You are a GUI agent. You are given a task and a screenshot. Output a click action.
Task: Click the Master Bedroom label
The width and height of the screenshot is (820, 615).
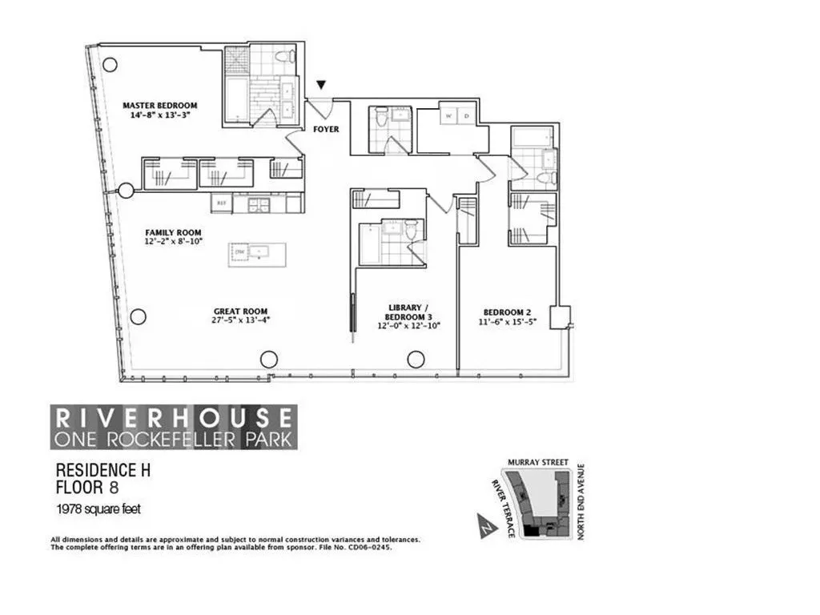pyautogui.click(x=159, y=106)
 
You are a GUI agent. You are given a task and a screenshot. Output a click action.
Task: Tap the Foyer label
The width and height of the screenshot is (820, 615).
pyautogui.click(x=326, y=129)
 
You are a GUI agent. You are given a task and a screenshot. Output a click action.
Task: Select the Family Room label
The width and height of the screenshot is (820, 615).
pyautogui.click(x=173, y=233)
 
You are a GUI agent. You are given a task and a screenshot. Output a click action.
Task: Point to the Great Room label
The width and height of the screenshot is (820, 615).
pyautogui.click(x=240, y=312)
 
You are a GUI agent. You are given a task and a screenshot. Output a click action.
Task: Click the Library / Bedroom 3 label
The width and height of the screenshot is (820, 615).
pyautogui.click(x=404, y=312)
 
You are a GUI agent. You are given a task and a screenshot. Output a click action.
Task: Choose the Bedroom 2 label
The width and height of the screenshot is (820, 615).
pyautogui.click(x=507, y=312)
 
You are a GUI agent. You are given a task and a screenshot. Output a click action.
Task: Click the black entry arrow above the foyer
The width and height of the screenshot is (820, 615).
pyautogui.click(x=322, y=85)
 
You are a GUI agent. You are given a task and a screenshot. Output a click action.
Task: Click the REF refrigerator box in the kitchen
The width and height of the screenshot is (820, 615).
pyautogui.click(x=221, y=204)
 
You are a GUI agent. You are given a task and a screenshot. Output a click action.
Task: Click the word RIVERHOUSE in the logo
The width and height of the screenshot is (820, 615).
pyautogui.click(x=174, y=417)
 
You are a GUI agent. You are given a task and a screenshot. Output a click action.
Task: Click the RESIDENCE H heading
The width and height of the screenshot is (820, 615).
pyautogui.click(x=102, y=472)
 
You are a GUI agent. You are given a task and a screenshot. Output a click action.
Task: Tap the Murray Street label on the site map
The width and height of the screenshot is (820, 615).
pyautogui.click(x=537, y=463)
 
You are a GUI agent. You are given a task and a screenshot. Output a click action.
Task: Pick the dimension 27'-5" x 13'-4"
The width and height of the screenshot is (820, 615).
pyautogui.click(x=240, y=322)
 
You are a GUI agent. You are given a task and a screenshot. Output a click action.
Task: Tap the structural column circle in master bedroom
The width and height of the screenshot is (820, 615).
pyautogui.click(x=111, y=63)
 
